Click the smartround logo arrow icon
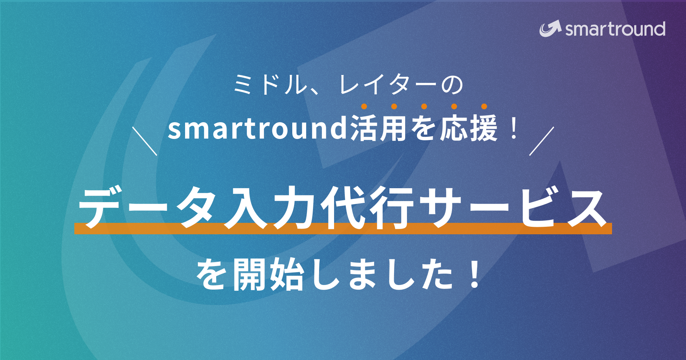click(x=550, y=29)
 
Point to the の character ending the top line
click(x=452, y=85)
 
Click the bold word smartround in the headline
click(x=258, y=129)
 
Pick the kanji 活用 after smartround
click(x=379, y=129)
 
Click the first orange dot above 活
click(x=364, y=106)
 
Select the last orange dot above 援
click(x=484, y=106)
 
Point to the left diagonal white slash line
click(x=145, y=141)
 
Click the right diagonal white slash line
click(x=542, y=141)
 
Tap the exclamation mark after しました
click(x=475, y=275)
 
